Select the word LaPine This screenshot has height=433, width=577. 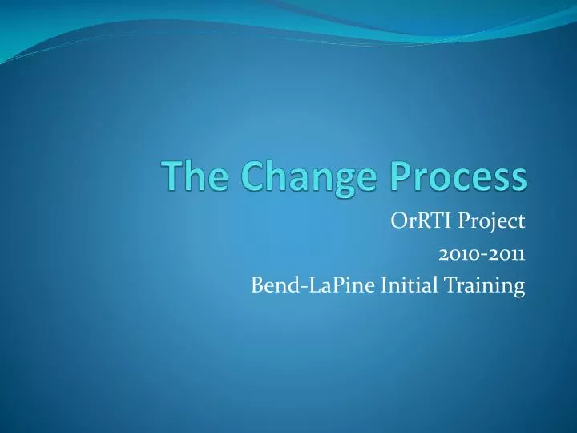[329, 285]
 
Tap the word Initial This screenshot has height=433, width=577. [397, 285]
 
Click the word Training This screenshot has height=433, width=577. [478, 286]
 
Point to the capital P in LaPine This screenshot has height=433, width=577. [327, 285]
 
